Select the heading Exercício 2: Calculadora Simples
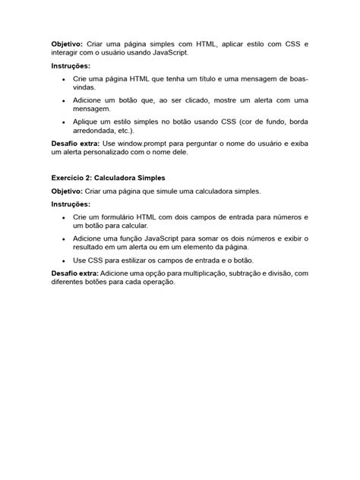[112, 177]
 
